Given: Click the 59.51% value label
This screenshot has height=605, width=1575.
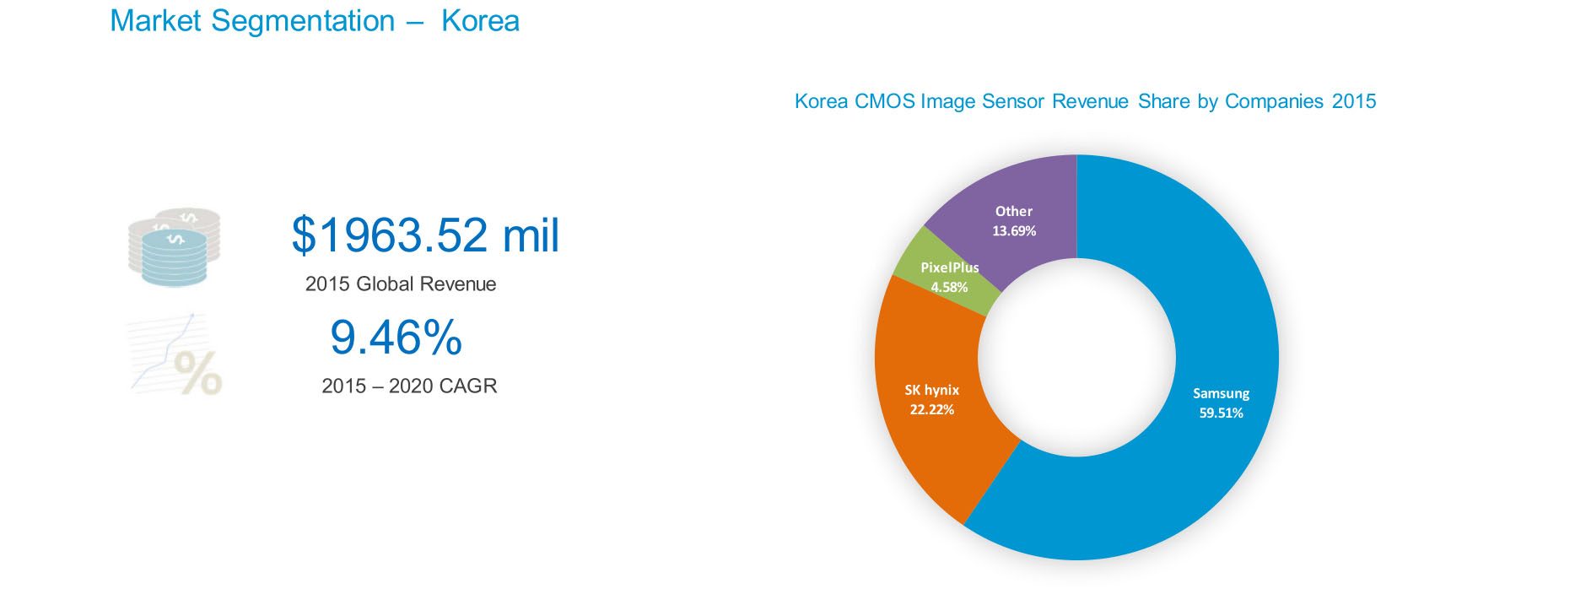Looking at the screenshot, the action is point(1221,413).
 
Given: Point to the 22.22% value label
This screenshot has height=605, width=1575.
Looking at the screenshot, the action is point(931,409).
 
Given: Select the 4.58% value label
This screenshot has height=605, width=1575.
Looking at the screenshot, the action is point(949,287).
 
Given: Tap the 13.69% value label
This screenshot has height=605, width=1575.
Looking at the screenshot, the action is point(1013,230).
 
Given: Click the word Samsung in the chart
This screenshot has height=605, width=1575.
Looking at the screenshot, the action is point(1221,393).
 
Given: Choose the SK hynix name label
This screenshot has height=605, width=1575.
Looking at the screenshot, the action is point(931,390).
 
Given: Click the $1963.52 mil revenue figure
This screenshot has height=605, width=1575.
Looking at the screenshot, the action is point(425,235).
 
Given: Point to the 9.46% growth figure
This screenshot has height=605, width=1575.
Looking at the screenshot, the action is point(396,337).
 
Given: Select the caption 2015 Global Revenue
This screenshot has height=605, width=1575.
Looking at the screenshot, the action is point(401,284).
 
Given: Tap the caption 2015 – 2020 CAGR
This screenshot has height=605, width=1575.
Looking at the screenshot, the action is point(409,386).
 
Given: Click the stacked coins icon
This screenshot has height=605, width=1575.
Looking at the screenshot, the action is point(174,246).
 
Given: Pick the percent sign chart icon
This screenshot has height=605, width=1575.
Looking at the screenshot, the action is point(175,354).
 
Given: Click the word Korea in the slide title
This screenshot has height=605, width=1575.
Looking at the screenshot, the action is point(480,21).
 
